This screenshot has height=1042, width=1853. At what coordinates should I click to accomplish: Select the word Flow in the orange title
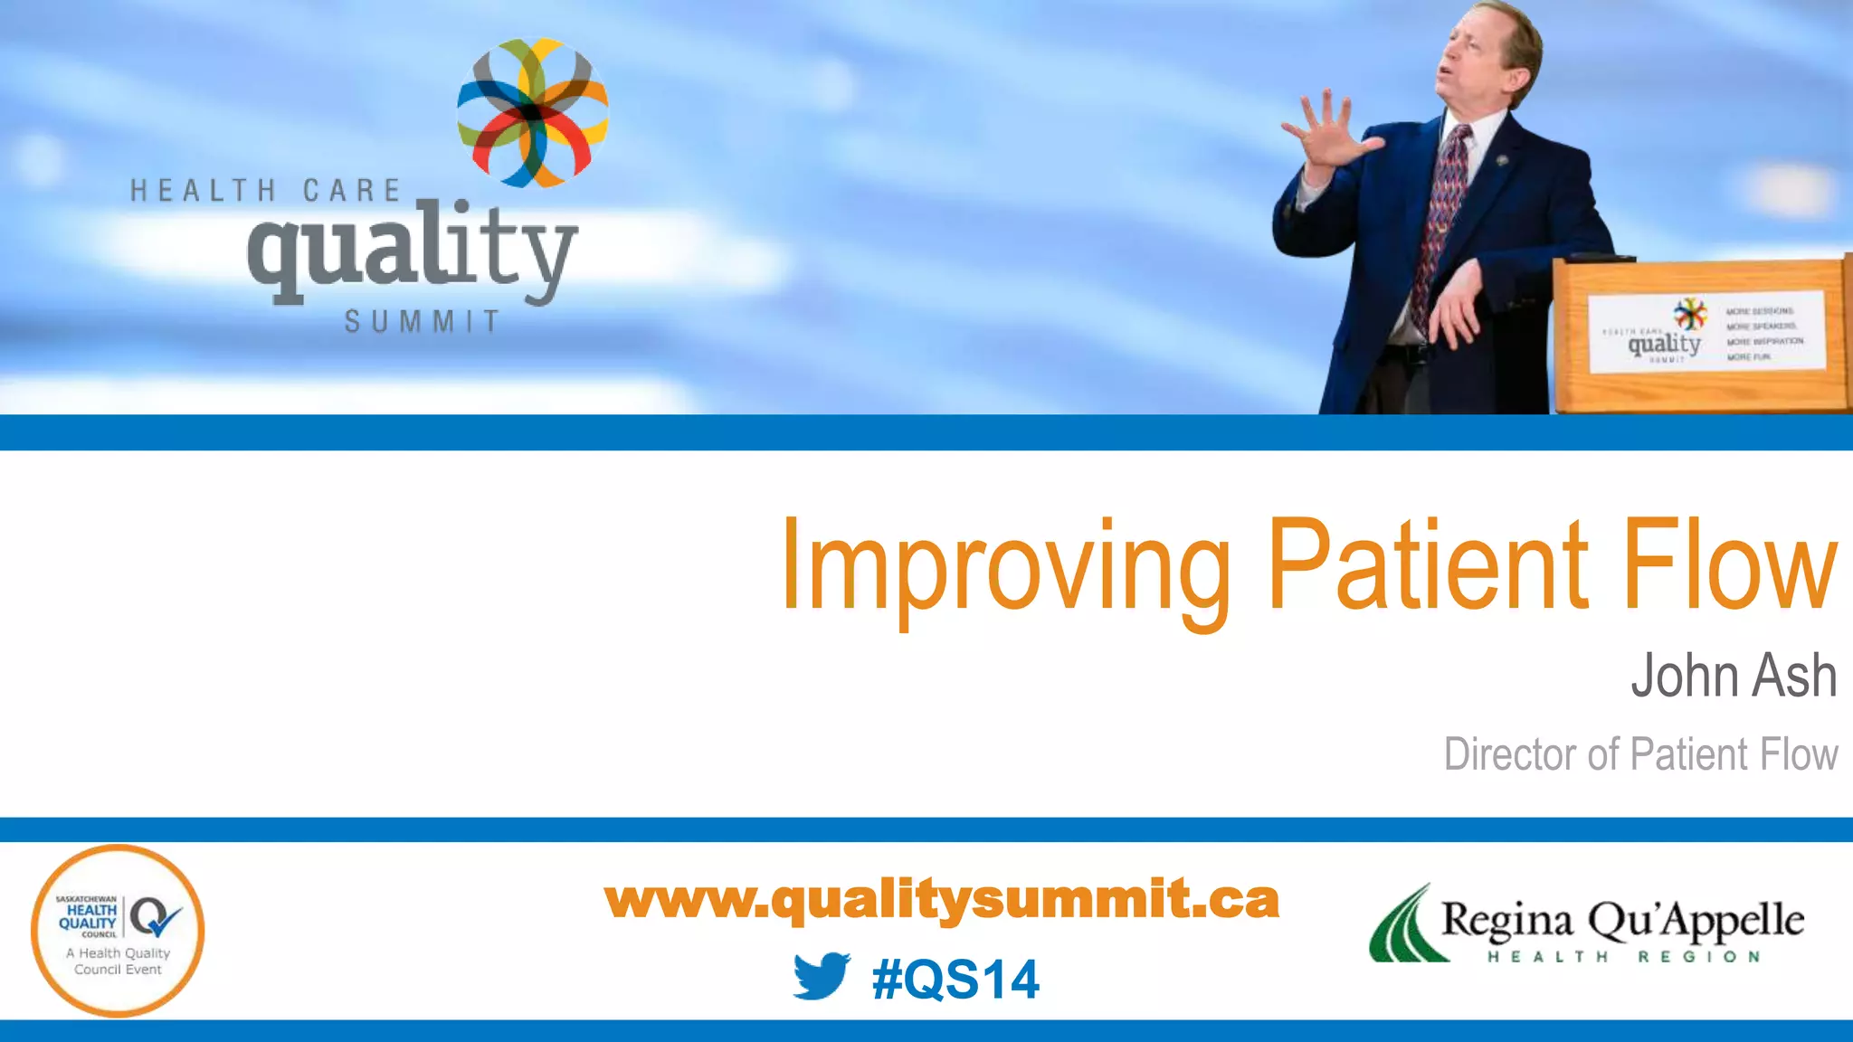pos(1728,564)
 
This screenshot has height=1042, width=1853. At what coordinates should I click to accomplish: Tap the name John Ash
pos(1733,676)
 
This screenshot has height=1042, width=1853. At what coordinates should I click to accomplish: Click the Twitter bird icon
pos(822,977)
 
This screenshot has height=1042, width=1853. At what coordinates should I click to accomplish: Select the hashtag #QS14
pos(955,980)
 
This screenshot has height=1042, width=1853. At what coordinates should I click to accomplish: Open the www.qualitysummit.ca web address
pos(941,900)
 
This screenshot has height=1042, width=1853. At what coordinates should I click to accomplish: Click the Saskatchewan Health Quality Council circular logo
pos(118,930)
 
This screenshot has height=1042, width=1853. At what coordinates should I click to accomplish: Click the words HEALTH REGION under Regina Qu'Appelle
pos(1624,957)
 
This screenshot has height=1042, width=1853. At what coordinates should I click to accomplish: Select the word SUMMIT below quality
pos(422,322)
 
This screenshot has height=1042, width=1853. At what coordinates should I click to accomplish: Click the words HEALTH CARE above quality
pos(265,191)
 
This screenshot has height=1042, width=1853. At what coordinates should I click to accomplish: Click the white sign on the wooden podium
pos(1706,331)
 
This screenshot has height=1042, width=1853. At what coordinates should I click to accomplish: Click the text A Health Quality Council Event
pos(118,961)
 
